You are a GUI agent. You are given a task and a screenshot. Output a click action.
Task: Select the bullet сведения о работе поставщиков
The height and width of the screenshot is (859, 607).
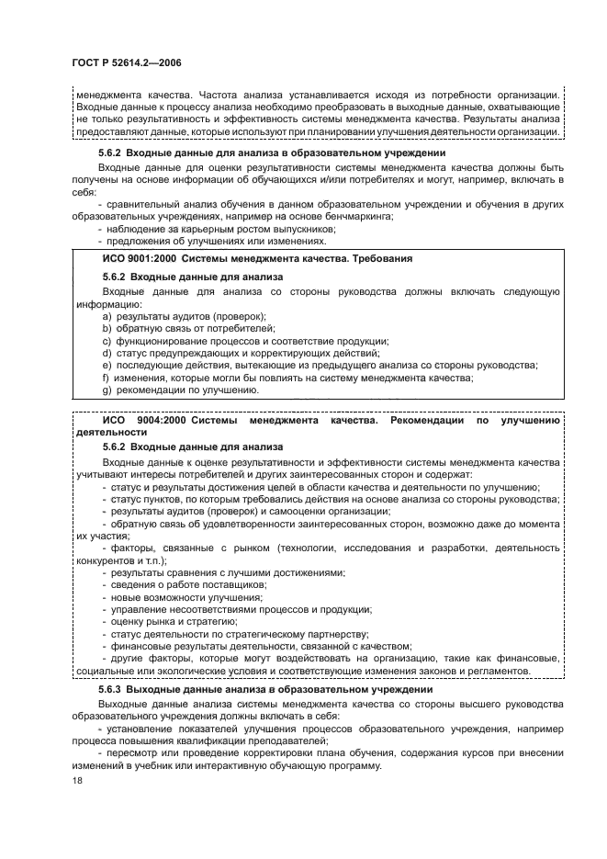click(188, 584)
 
